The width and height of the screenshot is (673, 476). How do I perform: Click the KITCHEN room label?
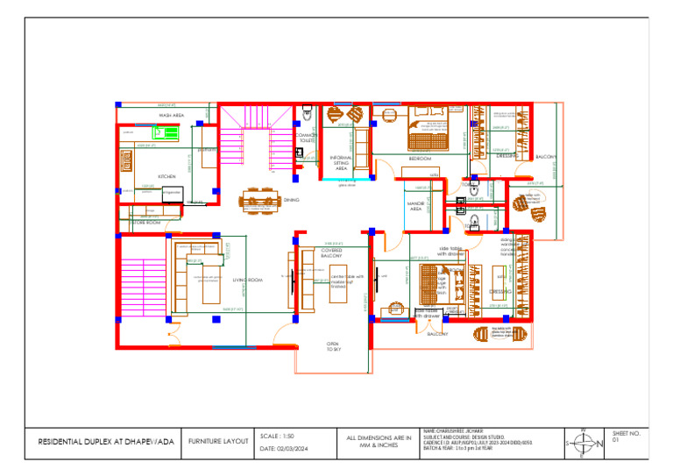(166, 176)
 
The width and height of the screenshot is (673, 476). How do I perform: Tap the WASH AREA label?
(171, 115)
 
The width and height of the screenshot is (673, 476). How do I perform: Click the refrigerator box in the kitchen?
(171, 192)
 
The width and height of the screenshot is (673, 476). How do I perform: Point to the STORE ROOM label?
(145, 223)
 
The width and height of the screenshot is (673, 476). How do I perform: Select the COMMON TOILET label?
(307, 138)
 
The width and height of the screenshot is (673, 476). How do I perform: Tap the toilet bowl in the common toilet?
(308, 113)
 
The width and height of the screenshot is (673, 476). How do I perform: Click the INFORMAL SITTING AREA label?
(342, 163)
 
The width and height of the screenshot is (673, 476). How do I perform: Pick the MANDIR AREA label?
(416, 206)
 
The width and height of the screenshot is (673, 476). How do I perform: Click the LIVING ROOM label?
(248, 281)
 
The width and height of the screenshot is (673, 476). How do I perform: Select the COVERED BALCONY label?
(331, 252)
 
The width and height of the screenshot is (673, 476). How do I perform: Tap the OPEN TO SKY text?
(333, 346)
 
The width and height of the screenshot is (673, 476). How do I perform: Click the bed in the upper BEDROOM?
(427, 130)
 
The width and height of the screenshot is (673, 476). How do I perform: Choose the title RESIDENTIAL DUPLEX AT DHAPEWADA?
(106, 443)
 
